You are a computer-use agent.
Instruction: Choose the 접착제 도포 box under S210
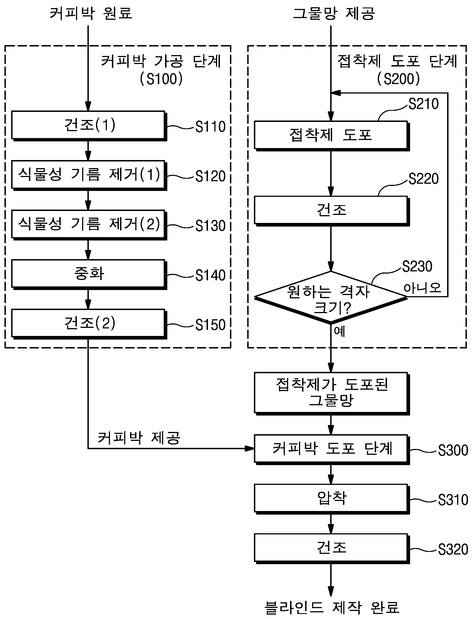pos(332,136)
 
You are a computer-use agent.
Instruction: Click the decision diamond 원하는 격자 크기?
pos(331,297)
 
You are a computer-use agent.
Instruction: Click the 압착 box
pos(332,499)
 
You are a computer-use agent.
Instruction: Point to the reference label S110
pos(210,127)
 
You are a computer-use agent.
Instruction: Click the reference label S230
pos(417,266)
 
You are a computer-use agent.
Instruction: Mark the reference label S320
pos(453,549)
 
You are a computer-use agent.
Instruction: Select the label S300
pos(453,450)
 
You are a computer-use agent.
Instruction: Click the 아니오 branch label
pos(422,288)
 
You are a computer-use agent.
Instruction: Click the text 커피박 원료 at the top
pos(91,13)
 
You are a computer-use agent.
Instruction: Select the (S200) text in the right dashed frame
pos(398,79)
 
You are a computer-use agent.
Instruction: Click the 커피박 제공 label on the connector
pos(139,438)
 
